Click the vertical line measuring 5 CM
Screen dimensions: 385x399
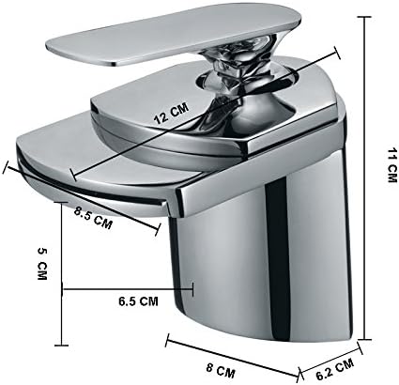(63, 272)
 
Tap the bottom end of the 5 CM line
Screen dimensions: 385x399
(63, 347)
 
